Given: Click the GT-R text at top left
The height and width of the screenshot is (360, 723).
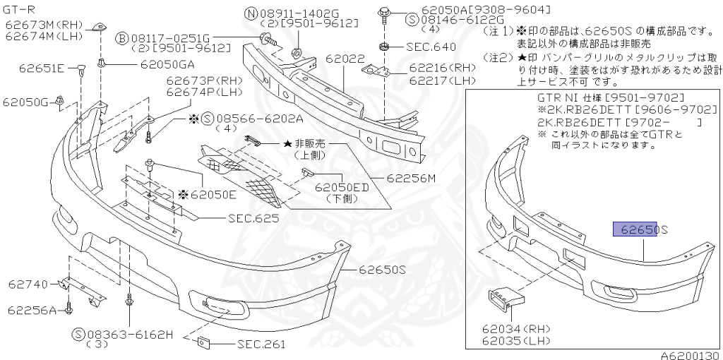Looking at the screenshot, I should [x=18, y=11].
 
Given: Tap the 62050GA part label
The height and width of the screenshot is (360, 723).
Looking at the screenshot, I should [x=168, y=64].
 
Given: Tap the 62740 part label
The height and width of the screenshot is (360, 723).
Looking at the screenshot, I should [x=28, y=284].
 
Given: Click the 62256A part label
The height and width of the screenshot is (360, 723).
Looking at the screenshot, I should [x=32, y=309].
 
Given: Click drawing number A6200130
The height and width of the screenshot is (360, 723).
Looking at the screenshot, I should [x=689, y=355].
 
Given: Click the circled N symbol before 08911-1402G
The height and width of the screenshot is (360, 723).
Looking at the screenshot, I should [x=251, y=13].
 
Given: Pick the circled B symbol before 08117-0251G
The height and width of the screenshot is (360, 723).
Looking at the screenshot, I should [x=121, y=37].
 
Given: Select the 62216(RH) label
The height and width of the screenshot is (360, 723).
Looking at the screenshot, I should [x=442, y=68].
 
